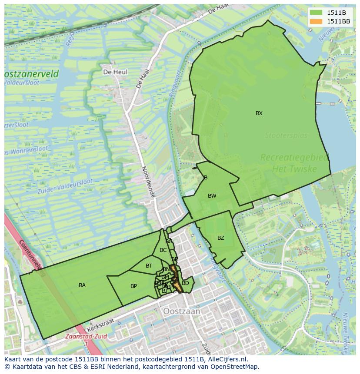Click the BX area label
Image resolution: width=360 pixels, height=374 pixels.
[259, 113]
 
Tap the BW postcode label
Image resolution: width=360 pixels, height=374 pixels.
[212, 196]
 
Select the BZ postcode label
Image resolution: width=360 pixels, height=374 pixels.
[221, 238]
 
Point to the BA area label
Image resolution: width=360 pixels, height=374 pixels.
[82, 285]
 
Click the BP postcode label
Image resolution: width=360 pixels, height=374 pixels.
[133, 286]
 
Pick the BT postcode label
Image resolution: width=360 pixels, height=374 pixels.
[149, 266]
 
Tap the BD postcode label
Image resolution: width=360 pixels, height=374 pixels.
[185, 283]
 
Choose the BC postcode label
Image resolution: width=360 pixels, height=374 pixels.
[163, 250]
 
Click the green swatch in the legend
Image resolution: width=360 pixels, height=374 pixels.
[317, 13]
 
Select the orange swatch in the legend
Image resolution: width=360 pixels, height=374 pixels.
[317, 21]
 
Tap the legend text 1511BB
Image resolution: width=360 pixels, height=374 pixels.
[338, 21]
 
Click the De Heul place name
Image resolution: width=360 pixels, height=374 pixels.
[115, 72]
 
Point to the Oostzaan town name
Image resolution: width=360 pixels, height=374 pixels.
[182, 311]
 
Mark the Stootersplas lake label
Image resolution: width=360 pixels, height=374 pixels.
[286, 136]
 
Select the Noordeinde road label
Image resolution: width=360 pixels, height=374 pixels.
[148, 182]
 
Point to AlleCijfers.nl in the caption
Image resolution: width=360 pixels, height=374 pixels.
[227, 359]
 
